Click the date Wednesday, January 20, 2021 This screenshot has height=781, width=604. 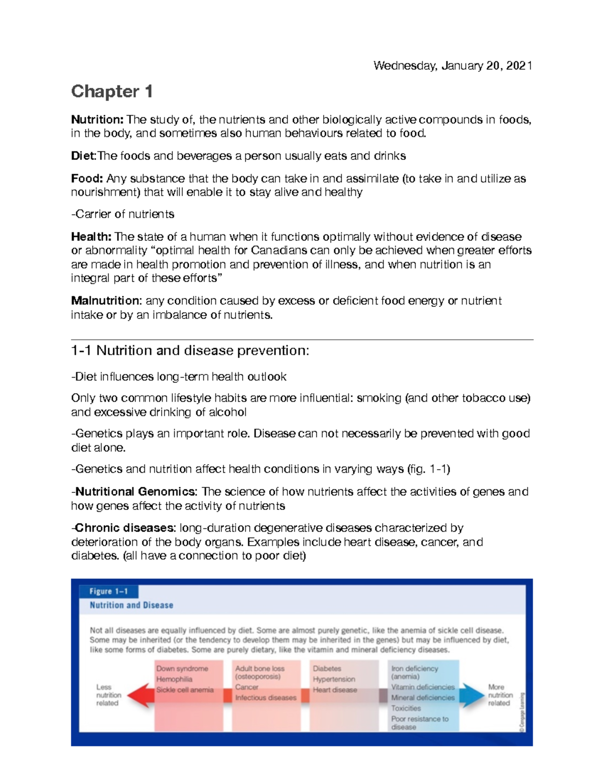[452, 66]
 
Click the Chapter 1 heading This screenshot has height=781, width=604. [112, 92]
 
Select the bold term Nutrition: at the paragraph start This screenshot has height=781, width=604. [97, 120]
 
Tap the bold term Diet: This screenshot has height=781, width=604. [83, 156]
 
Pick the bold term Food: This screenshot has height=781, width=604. [87, 179]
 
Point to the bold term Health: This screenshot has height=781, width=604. [91, 237]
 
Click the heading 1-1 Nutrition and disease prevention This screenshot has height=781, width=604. [190, 351]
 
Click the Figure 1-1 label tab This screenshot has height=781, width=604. [109, 591]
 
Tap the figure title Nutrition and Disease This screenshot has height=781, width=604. [131, 605]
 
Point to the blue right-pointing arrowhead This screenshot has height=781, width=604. [472, 696]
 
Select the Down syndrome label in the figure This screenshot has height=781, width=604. [182, 669]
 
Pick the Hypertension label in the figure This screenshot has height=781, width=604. [334, 679]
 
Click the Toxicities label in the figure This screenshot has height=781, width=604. [406, 708]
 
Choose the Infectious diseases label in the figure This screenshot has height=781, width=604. [266, 698]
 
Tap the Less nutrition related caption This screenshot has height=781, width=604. [108, 695]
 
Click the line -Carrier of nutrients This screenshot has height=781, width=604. [123, 214]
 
